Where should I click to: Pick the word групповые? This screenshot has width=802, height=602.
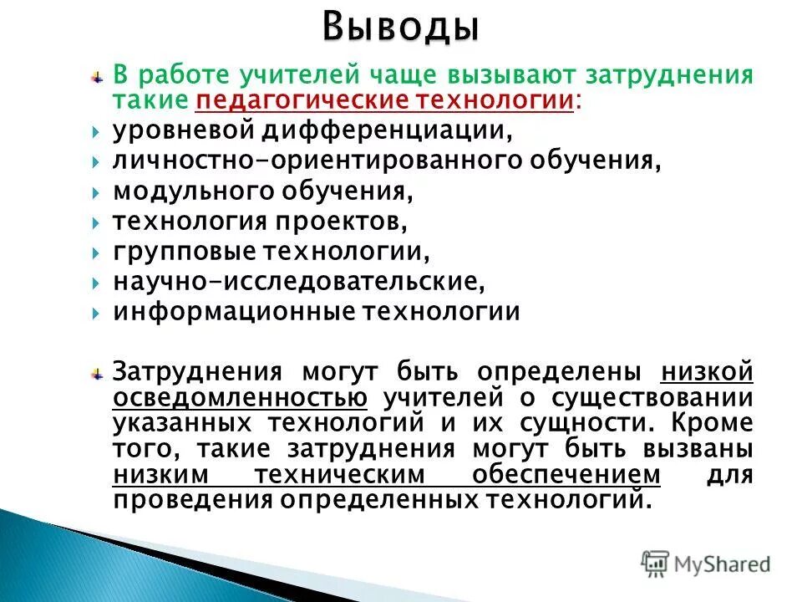185,252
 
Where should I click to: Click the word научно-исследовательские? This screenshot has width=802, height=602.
298,282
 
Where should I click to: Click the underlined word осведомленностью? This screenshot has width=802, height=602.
240,397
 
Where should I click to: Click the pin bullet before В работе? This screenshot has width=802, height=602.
97,76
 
